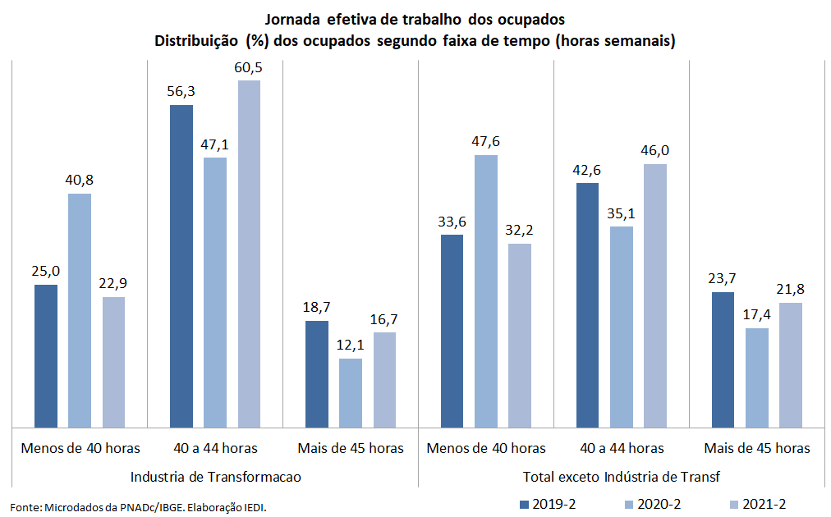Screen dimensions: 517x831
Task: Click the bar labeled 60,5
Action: [249, 254]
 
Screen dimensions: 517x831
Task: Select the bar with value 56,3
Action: [181, 266]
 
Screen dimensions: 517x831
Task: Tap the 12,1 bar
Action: [351, 392]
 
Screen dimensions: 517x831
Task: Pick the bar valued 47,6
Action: [486, 291]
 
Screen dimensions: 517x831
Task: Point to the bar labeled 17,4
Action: [757, 377]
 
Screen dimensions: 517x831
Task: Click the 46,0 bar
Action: [655, 295]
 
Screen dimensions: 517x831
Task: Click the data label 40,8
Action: [80, 180]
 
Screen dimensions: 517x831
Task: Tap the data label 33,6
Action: [452, 221]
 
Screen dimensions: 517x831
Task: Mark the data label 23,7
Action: [723, 278]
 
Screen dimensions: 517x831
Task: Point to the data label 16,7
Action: [384, 318]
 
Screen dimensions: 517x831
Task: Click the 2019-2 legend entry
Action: [549, 503]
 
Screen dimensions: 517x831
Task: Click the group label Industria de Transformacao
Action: [215, 476]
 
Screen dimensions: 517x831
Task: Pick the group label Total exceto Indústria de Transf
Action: [622, 476]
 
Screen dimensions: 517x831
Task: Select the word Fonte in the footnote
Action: [25, 507]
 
